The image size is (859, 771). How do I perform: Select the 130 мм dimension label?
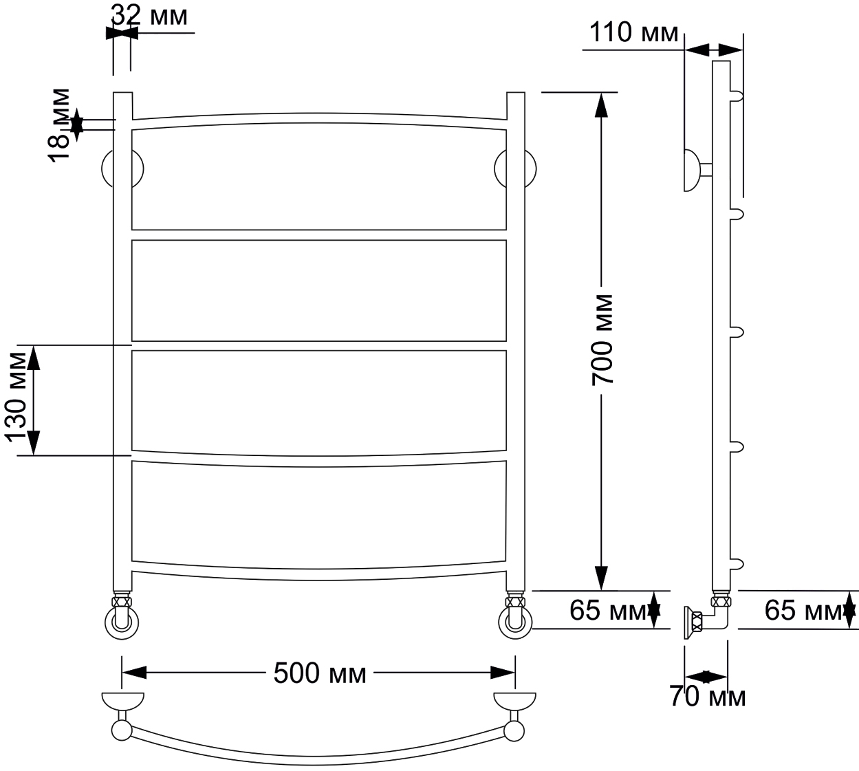pos(16,398)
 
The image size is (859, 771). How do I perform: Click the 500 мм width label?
pos(320,673)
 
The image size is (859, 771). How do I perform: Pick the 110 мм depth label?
pos(633,32)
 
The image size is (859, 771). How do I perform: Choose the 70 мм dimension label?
pos(707,697)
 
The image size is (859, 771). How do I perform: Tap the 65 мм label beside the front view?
pos(607,611)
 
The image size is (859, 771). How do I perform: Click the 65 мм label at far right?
pos(803,611)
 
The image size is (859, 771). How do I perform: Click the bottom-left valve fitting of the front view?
pos(122,617)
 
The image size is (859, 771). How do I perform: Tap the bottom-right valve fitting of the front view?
pos(515,617)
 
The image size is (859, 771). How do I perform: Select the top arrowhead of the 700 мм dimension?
pos(601,105)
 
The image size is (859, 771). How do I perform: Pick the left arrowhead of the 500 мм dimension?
pos(134,672)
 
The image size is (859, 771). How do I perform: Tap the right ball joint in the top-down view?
pos(514,732)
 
